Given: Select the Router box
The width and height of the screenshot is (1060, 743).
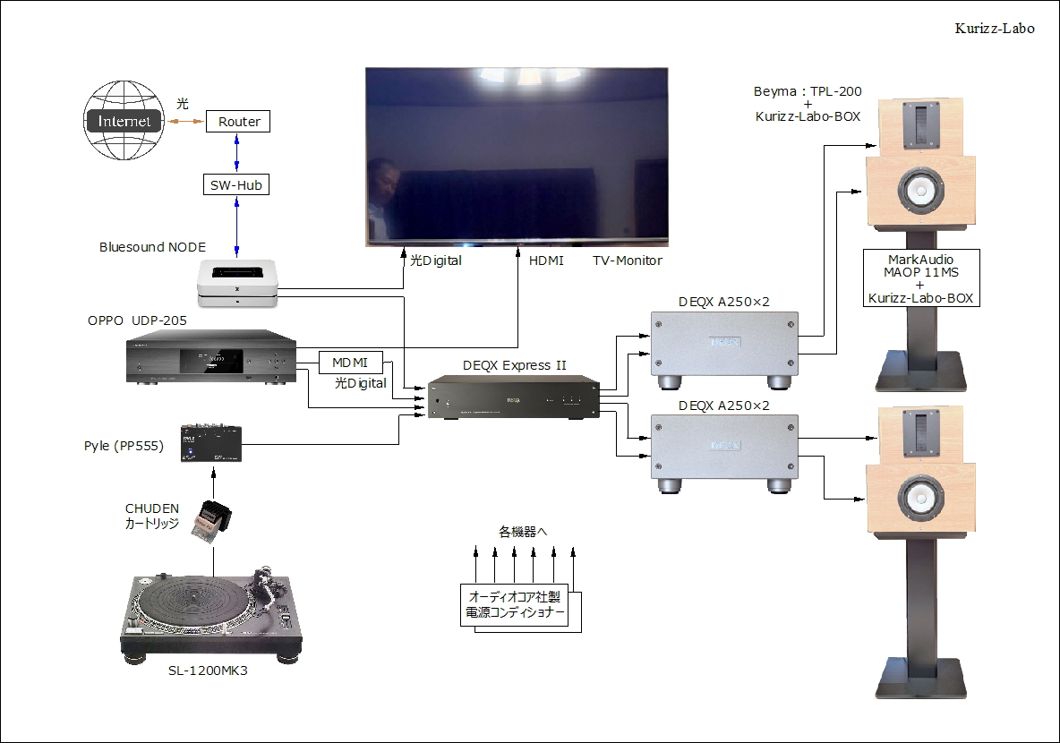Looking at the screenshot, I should [x=238, y=122].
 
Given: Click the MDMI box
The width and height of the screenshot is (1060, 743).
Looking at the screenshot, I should [x=351, y=363].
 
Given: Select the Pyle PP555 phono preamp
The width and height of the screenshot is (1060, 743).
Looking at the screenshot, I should [x=211, y=442].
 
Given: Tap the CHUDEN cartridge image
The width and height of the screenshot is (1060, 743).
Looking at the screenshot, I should [x=212, y=520].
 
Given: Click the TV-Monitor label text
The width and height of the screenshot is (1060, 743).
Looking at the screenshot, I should [x=627, y=260].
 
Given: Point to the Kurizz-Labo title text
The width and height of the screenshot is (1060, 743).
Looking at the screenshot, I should [x=995, y=29].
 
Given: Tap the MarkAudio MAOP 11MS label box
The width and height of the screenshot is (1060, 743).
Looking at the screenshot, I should [x=920, y=278].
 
